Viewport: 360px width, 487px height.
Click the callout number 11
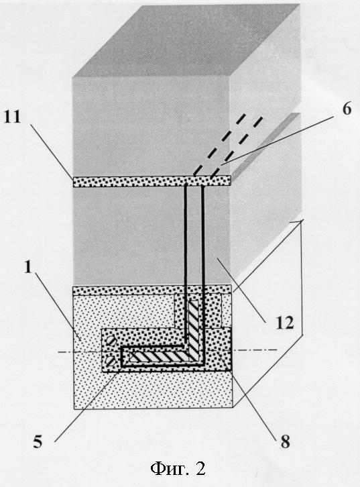pyautogui.click(x=12, y=117)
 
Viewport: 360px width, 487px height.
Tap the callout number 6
pyautogui.click(x=347, y=109)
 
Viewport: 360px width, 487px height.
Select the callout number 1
pyautogui.click(x=28, y=267)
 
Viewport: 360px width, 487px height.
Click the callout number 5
pyautogui.click(x=38, y=441)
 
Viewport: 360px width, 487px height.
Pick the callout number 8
pyautogui.click(x=285, y=441)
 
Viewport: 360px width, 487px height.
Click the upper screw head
pyautogui.click(x=112, y=341)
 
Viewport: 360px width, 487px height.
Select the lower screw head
pyautogui.click(x=111, y=361)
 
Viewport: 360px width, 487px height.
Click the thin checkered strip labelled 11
pyautogui.click(x=152, y=182)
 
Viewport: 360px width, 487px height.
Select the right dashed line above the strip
pyautogui.click(x=237, y=148)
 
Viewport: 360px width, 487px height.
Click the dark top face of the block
pyautogui.click(x=186, y=40)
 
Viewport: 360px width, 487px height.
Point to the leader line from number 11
pyautogui.click(x=52, y=151)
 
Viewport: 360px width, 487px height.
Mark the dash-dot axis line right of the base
pyautogui.click(x=255, y=350)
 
